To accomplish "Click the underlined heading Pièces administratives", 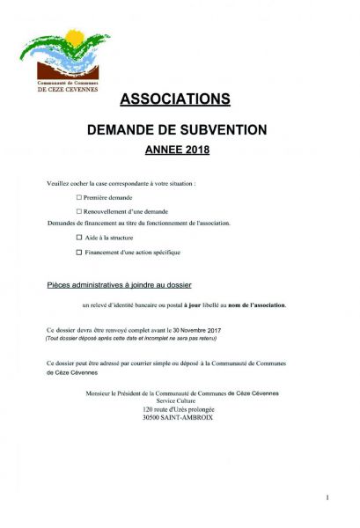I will coord(119,286).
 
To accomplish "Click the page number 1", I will coord(327,498).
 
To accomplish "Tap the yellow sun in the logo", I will coord(72,39).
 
